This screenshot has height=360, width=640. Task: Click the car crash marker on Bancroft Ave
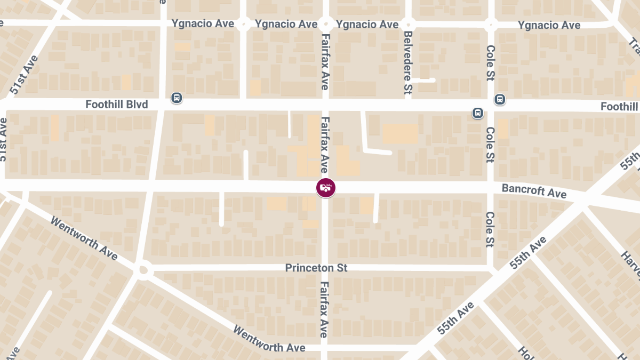coord(325,187)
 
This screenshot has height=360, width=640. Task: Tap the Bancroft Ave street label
coord(534,190)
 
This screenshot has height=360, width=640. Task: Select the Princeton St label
coord(316,268)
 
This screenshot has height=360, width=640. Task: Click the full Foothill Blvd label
coord(116,105)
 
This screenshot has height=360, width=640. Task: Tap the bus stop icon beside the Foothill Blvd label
coord(177,98)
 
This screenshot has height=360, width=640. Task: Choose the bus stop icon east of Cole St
coord(500,99)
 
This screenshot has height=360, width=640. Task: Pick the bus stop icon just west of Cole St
coord(477,113)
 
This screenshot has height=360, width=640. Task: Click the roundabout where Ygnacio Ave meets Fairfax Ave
coord(325,24)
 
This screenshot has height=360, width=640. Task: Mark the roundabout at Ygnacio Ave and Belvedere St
coord(408,24)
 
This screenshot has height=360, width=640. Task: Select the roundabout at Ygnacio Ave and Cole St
coord(491,24)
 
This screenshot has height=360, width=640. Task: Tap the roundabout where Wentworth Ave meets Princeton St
coord(142,270)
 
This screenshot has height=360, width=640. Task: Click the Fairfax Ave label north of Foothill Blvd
coord(324,62)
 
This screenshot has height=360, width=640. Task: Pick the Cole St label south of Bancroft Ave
coord(490,229)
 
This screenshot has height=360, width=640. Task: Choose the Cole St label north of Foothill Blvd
coord(491,63)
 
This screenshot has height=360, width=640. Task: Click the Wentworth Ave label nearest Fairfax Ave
coord(269,339)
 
